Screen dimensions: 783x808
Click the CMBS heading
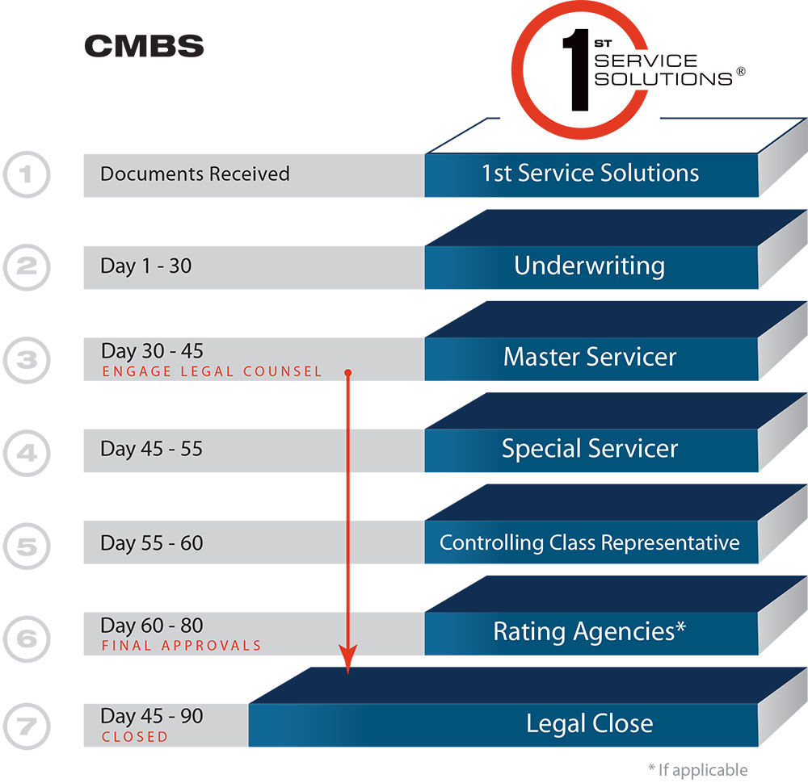144,46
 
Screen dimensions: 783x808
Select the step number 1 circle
27,174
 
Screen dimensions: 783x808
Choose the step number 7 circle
27,724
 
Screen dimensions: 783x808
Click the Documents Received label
195,174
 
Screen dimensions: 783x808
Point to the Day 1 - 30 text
146,266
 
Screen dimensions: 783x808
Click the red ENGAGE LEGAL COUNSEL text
212,372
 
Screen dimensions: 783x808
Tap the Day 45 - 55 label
151,449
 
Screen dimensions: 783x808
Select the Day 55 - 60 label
151,543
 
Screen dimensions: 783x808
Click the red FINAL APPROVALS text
182,646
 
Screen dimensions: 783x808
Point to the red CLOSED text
135,737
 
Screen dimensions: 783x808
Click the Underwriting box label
589,266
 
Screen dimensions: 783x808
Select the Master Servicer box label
590,357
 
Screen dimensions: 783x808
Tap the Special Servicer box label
590,449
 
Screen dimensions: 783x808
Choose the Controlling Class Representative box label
589,542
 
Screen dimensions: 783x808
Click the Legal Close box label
589,723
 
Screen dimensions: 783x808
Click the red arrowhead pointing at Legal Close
347,664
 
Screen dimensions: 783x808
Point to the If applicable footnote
697,770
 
